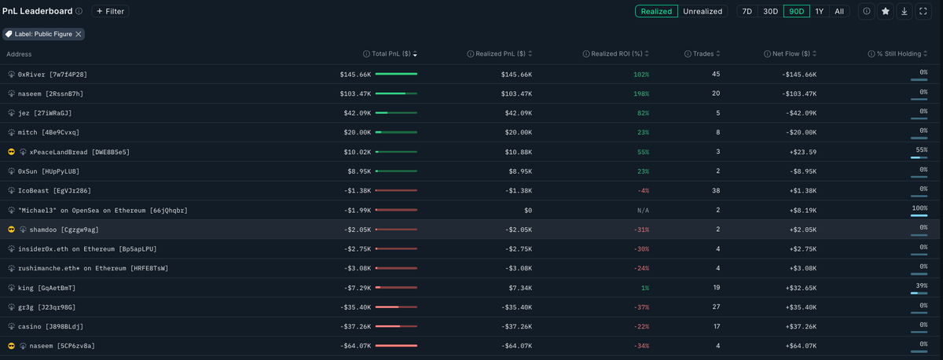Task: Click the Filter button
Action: coord(110,12)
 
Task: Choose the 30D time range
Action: coord(770,12)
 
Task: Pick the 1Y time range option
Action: coord(820,12)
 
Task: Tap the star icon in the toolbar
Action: coord(886,12)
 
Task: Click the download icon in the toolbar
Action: coord(904,12)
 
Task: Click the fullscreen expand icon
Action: coord(923,12)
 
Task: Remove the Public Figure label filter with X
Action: coord(78,35)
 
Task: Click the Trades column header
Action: coord(703,54)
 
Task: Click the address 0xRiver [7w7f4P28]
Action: coord(52,75)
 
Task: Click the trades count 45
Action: coord(715,75)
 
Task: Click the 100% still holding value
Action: coord(919,208)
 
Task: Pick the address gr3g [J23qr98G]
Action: coord(46,307)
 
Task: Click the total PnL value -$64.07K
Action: coord(355,346)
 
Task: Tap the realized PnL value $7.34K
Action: coord(518,288)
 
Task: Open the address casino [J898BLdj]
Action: coord(50,326)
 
